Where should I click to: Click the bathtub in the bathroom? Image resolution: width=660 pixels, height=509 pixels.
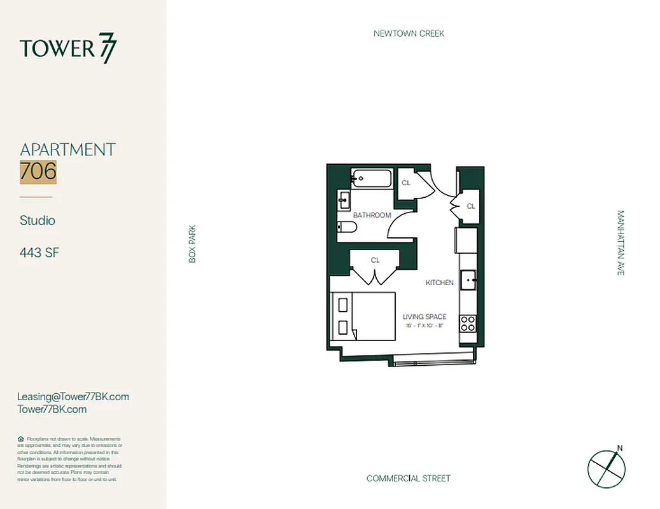pyautogui.click(x=370, y=179)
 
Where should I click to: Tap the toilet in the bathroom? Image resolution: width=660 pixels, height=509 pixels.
pyautogui.click(x=347, y=228)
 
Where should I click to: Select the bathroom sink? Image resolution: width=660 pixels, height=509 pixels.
pyautogui.click(x=344, y=201)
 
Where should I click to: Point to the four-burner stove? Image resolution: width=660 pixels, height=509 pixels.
pyautogui.click(x=468, y=323)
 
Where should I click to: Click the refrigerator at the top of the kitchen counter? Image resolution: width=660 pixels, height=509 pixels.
pyautogui.click(x=466, y=240)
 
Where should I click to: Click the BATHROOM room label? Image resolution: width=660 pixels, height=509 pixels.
pyautogui.click(x=372, y=215)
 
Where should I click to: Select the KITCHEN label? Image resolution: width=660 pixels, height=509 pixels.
pyautogui.click(x=439, y=282)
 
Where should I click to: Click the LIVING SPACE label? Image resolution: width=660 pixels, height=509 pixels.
pyautogui.click(x=425, y=317)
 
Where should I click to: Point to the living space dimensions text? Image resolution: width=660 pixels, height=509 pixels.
pyautogui.click(x=425, y=326)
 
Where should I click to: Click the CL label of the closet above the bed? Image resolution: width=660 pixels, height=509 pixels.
pyautogui.click(x=375, y=260)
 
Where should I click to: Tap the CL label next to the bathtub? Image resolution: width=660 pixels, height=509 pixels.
pyautogui.click(x=406, y=183)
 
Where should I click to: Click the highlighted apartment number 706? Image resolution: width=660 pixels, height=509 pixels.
pyautogui.click(x=38, y=172)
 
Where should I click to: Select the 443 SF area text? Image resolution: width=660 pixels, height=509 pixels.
pyautogui.click(x=39, y=253)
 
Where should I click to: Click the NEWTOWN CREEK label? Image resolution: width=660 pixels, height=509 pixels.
pyautogui.click(x=409, y=34)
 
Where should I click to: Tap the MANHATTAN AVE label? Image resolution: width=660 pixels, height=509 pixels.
pyautogui.click(x=621, y=243)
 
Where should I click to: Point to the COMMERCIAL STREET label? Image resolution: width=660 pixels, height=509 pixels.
pyautogui.click(x=408, y=478)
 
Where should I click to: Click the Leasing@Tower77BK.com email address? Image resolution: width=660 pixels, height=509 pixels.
pyautogui.click(x=73, y=396)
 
